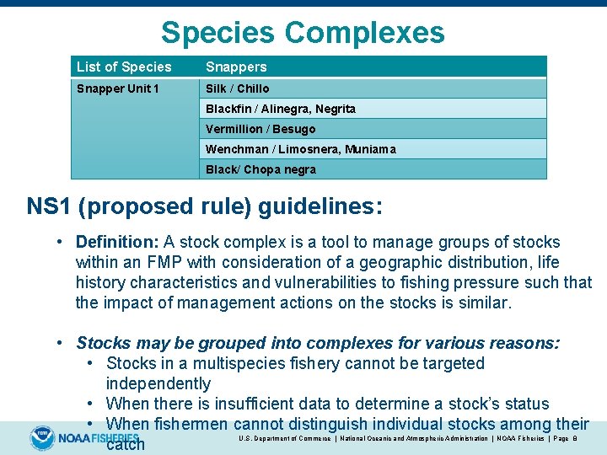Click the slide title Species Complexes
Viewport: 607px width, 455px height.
coord(302,33)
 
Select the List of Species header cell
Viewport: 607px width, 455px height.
coord(124,67)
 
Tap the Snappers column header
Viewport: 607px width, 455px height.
coord(236,67)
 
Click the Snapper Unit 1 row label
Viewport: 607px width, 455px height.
coord(117,88)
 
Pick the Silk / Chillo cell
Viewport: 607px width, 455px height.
coord(238,88)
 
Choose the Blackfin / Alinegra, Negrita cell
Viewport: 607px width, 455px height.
coord(281,109)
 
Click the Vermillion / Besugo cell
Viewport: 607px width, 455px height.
coord(261,129)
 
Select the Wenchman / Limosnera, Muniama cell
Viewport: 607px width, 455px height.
coord(300,149)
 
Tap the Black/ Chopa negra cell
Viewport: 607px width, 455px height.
coord(261,169)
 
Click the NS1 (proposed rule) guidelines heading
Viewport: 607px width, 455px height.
coord(205,206)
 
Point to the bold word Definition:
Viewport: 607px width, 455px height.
coord(117,243)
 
